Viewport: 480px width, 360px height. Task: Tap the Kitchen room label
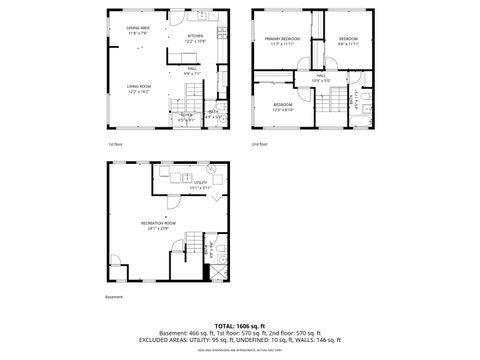click(x=194, y=38)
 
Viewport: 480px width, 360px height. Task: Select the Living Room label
click(x=138, y=88)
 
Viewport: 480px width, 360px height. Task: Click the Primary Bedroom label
click(x=281, y=41)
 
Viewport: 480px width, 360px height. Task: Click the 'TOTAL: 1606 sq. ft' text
click(x=240, y=326)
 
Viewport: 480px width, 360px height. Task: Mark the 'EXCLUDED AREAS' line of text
click(x=240, y=340)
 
